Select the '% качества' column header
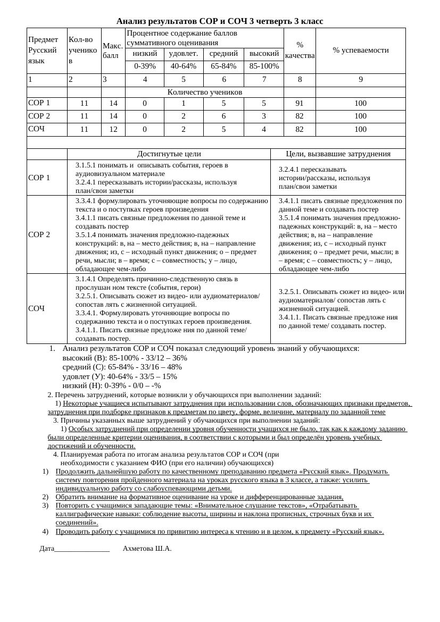click(300, 50)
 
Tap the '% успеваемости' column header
click(360, 50)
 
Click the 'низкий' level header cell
click(145, 54)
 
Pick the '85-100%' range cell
click(264, 66)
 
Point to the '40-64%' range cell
click(184, 66)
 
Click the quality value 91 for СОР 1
click(300, 103)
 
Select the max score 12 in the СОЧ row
click(113, 129)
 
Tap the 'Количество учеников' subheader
click(204, 92)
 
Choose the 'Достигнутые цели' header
click(169, 154)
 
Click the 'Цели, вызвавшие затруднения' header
click(338, 154)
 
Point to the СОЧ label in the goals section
click(36, 308)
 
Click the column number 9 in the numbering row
click(360, 80)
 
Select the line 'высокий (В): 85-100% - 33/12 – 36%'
click(124, 358)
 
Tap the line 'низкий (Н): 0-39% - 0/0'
click(111, 385)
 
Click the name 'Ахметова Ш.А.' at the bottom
click(147, 548)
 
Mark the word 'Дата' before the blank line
click(47, 548)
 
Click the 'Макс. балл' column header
click(113, 51)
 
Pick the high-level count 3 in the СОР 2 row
click(264, 116)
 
